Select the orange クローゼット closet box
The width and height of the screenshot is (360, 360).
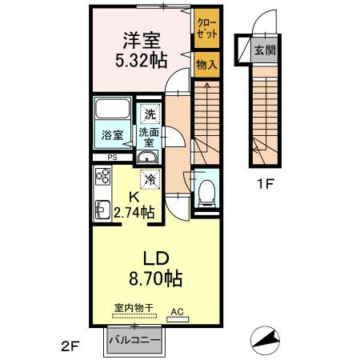[204, 30]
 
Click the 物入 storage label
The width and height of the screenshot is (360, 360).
[205, 65]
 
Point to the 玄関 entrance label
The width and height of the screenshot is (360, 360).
[264, 50]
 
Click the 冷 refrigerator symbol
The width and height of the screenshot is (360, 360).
[150, 180]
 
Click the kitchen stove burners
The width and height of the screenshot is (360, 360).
[103, 177]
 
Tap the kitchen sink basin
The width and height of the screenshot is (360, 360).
[102, 210]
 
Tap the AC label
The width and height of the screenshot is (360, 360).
[176, 314]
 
